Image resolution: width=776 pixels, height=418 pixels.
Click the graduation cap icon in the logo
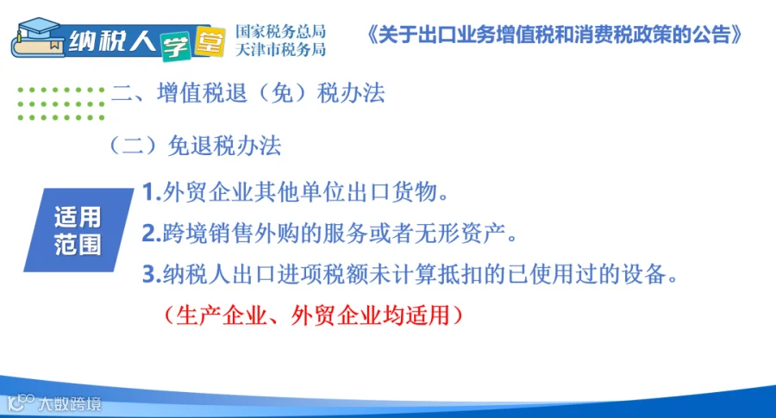click(37, 28)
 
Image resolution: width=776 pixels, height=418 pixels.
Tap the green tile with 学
click(175, 47)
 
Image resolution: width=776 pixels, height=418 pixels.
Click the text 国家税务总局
click(280, 31)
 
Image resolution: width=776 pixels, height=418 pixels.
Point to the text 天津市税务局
click(280, 49)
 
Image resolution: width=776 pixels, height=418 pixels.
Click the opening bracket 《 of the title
click(372, 34)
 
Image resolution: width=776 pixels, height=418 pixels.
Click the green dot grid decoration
click(61, 104)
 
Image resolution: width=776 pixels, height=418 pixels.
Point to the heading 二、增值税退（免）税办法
click(248, 93)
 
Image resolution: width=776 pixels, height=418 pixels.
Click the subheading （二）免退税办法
click(195, 146)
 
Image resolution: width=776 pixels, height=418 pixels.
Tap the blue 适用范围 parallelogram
click(78, 230)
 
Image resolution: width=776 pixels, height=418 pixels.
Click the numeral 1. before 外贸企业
click(152, 192)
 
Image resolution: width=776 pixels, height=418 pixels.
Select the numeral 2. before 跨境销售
click(152, 234)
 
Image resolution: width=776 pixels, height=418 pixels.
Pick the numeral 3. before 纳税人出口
click(152, 275)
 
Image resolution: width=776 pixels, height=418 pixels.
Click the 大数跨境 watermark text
click(69, 404)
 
